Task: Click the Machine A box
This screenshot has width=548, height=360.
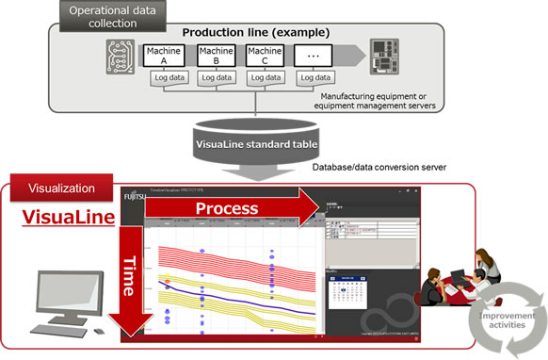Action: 160,55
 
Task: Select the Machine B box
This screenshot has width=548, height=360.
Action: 214,55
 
